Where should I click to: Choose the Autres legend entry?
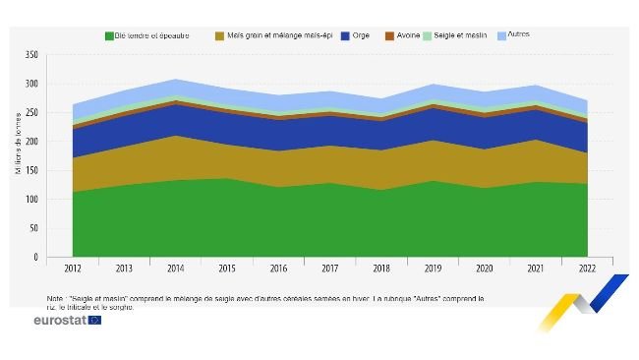tap(532, 35)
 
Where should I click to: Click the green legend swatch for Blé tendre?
tap(108, 36)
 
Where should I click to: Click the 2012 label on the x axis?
tap(72, 268)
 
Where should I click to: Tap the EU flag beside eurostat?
tap(95, 321)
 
